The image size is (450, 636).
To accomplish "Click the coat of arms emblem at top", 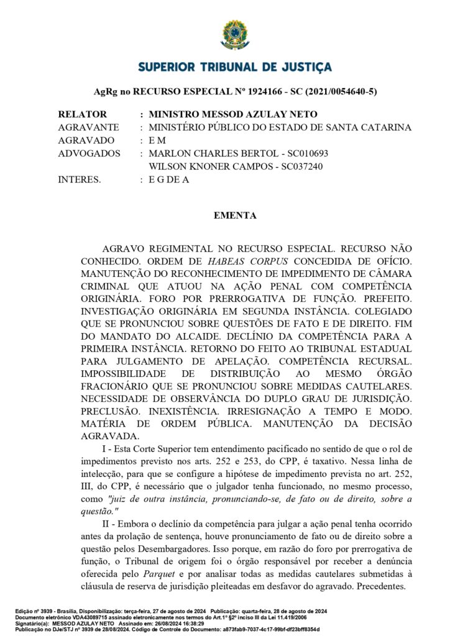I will point(234,34).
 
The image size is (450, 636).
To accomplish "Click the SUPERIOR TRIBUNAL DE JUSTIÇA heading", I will point(234,67).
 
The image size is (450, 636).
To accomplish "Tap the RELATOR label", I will point(82,114).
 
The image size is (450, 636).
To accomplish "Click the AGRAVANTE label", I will point(88,127).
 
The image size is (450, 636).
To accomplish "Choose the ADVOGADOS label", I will point(89,153).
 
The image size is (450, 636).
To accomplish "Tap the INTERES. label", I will point(79,179).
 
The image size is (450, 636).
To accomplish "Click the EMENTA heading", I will point(234,216).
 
